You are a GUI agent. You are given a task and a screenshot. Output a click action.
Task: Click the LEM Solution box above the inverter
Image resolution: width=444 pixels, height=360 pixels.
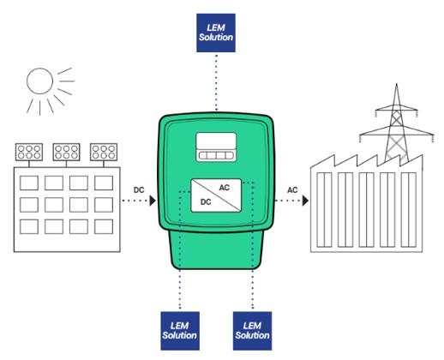[x=216, y=33]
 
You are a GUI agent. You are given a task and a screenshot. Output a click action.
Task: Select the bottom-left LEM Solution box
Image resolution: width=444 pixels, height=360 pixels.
[x=180, y=331]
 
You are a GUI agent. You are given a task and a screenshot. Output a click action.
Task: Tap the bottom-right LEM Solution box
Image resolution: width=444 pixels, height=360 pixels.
[x=252, y=331]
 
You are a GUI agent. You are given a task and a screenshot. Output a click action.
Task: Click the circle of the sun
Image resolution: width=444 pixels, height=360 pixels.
[x=39, y=81]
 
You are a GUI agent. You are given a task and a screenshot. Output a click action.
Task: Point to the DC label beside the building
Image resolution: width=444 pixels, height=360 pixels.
[x=139, y=190]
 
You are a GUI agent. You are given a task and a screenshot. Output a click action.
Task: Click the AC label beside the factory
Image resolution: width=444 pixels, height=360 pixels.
[x=292, y=190]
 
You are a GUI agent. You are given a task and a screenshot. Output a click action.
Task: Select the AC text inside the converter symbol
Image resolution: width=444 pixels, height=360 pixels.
[x=225, y=188]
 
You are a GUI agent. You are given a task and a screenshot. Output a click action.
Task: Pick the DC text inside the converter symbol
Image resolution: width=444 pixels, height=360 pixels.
[x=206, y=202]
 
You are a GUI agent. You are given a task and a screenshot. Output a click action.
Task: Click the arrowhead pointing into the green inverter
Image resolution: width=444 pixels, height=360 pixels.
[x=153, y=201]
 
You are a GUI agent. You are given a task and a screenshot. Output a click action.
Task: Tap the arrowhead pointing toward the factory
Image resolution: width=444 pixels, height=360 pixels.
[x=306, y=201]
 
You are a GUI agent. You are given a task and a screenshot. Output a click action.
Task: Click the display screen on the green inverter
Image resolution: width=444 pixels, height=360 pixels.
[x=216, y=141]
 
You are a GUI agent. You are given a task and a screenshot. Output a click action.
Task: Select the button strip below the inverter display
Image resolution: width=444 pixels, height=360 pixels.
[x=216, y=156]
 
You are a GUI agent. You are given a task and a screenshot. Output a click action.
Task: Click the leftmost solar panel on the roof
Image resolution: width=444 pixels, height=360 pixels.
[x=29, y=152]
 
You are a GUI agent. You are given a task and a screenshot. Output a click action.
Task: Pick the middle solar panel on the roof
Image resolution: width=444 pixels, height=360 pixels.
[x=66, y=152]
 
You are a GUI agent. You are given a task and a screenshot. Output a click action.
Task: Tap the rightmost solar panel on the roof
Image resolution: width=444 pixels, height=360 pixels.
[x=104, y=152]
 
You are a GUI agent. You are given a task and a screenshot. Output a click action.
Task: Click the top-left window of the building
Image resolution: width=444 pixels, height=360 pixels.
[x=29, y=183]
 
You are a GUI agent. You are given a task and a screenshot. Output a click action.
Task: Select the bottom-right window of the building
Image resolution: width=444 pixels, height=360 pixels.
[x=104, y=226]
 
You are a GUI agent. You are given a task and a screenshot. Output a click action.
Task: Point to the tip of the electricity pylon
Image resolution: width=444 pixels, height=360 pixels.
[x=396, y=83]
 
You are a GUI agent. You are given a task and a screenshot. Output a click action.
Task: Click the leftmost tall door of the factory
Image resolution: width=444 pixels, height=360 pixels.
[x=324, y=210]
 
